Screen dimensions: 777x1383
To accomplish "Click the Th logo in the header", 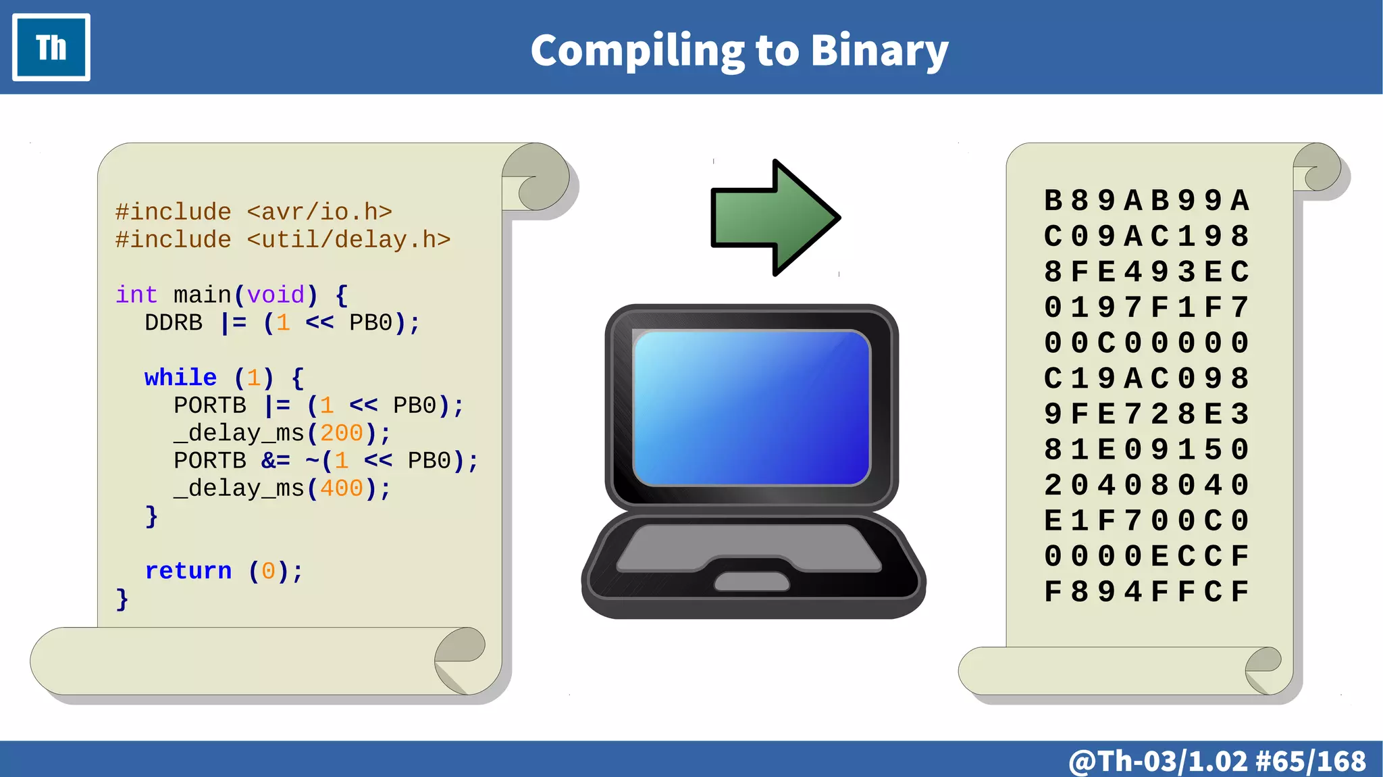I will [51, 47].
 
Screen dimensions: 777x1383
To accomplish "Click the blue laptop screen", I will [752, 407].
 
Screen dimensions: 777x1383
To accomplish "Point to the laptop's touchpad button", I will [752, 581].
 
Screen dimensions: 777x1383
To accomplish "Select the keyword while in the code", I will [180, 377].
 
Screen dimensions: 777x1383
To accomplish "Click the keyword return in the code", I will [188, 571].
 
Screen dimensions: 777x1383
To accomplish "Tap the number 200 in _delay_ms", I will [342, 433].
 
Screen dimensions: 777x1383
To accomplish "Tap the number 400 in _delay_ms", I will [342, 488].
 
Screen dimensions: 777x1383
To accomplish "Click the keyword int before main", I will [136, 295].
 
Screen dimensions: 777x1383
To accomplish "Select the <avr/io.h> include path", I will [319, 212].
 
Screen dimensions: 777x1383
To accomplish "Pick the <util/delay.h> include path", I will [348, 240].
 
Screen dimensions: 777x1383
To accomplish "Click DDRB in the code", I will [174, 323].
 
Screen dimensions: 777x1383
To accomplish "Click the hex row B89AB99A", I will [1146, 201].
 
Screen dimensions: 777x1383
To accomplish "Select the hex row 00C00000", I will [1146, 343].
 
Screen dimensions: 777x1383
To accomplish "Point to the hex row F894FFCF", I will [1146, 592].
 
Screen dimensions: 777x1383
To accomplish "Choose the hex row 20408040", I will [1146, 485].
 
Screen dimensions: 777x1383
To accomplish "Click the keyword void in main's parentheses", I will [276, 295].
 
